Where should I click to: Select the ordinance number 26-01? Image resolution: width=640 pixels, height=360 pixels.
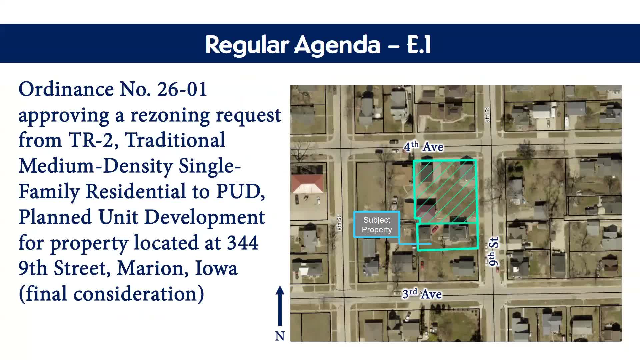pos(182,89)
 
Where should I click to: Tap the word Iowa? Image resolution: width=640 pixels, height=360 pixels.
pos(216,268)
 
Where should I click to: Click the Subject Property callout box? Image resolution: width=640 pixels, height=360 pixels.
pos(377,225)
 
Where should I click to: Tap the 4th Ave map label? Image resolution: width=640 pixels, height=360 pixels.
pos(423,147)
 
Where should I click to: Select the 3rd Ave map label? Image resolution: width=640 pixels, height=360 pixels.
pos(422,294)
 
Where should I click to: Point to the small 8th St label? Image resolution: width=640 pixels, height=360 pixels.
pos(339,223)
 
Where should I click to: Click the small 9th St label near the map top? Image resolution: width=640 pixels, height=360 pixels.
pos(487,115)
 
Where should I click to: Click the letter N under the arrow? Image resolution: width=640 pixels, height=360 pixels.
pos(280,336)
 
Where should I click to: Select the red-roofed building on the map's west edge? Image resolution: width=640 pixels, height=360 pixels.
pos(307,184)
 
